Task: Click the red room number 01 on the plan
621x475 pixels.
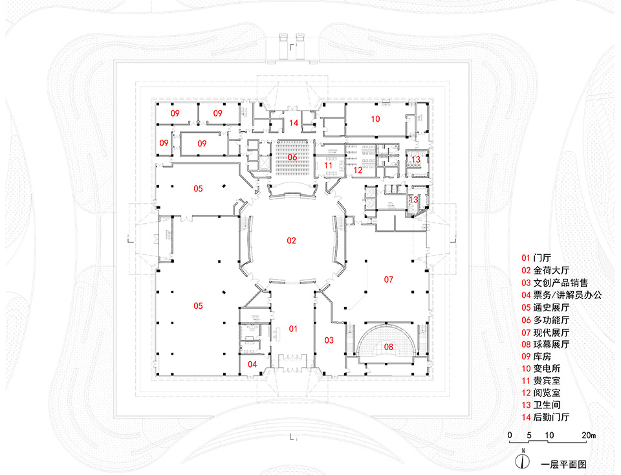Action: click(x=293, y=329)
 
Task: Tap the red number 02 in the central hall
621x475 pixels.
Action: click(x=292, y=241)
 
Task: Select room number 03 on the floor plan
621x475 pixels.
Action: click(x=329, y=340)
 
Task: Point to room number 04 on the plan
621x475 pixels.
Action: click(x=252, y=364)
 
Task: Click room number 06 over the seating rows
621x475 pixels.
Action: click(x=292, y=157)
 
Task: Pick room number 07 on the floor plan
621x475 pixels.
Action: click(x=389, y=280)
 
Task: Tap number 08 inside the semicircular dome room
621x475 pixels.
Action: click(x=389, y=347)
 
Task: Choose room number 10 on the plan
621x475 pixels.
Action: click(x=375, y=119)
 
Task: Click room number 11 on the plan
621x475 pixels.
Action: click(x=329, y=165)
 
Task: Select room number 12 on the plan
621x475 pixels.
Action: click(x=358, y=170)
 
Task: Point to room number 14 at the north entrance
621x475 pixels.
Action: click(x=294, y=123)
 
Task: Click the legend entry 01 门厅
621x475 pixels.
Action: click(x=536, y=258)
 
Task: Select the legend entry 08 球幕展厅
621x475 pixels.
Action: click(x=545, y=344)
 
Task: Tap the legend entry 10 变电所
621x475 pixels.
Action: click(x=541, y=368)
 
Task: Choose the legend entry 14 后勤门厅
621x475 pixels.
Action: click(x=545, y=417)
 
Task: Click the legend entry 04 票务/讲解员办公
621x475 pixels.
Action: click(x=561, y=294)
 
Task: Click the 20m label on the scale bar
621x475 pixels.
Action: click(x=589, y=435)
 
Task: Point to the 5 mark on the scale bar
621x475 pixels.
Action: click(x=529, y=435)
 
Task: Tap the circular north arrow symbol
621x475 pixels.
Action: click(x=523, y=461)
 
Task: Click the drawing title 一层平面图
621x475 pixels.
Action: click(x=563, y=464)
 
